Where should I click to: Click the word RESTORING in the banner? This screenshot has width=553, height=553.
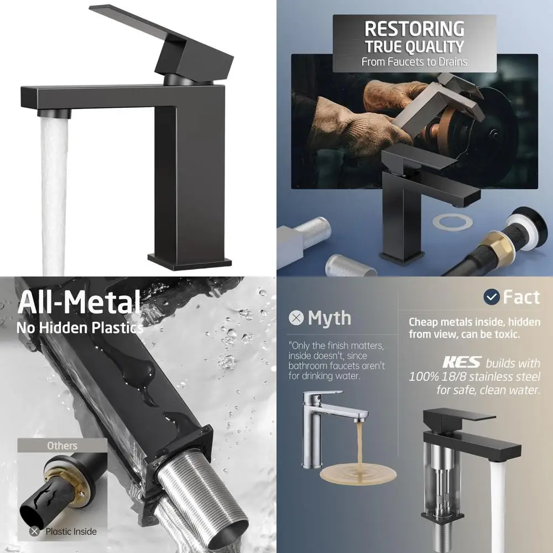pyautogui.click(x=414, y=29)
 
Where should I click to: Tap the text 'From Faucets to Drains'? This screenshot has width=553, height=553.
pyautogui.click(x=414, y=62)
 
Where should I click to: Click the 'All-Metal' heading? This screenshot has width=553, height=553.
pyautogui.click(x=79, y=303)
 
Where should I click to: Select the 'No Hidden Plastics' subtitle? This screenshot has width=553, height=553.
pyautogui.click(x=79, y=327)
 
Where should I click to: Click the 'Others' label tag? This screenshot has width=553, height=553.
pyautogui.click(x=62, y=446)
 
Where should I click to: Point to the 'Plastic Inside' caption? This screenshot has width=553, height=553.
pyautogui.click(x=71, y=531)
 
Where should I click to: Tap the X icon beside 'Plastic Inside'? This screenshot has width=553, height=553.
pyautogui.click(x=35, y=531)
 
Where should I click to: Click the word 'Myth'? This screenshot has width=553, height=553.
pyautogui.click(x=330, y=318)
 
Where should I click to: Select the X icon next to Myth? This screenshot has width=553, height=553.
pyautogui.click(x=297, y=319)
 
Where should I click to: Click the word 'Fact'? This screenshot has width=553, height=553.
pyautogui.click(x=521, y=298)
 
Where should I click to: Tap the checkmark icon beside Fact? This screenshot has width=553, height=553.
pyautogui.click(x=491, y=298)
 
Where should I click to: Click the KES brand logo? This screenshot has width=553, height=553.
pyautogui.click(x=461, y=363)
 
